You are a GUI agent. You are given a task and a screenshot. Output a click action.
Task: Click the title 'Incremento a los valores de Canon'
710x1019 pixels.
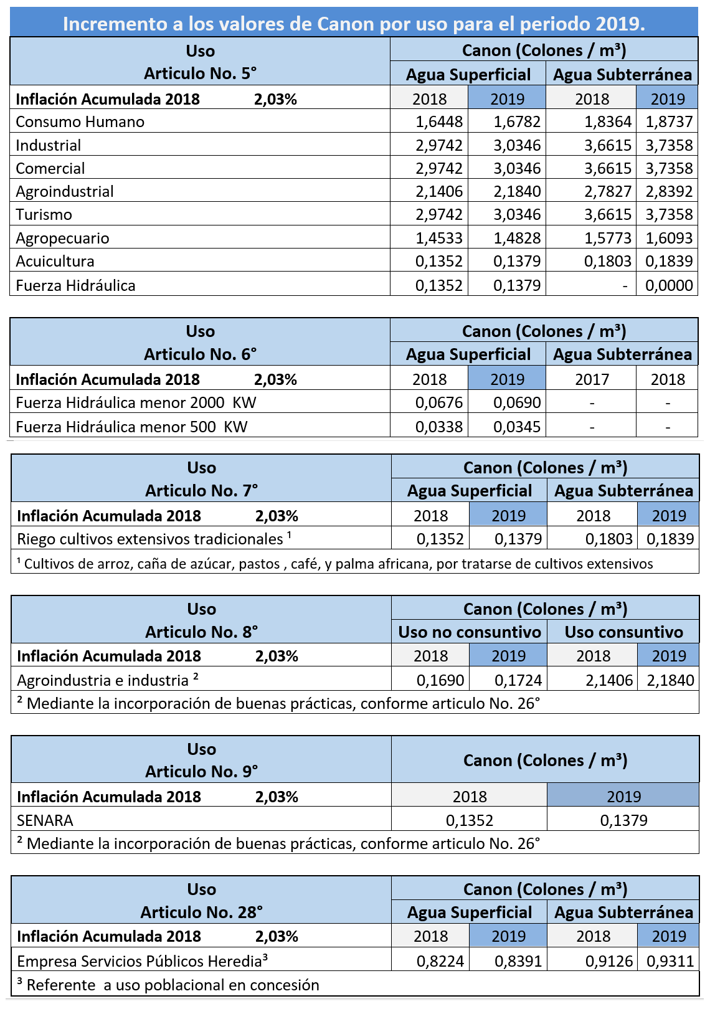click(x=354, y=24)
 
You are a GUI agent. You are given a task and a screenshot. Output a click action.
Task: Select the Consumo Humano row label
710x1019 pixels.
click(x=80, y=122)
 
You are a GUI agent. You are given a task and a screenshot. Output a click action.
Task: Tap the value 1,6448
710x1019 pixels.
click(x=439, y=122)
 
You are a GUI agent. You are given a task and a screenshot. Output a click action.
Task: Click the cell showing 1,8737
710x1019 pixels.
click(x=669, y=122)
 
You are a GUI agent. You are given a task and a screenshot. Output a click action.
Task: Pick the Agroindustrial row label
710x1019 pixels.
click(x=65, y=192)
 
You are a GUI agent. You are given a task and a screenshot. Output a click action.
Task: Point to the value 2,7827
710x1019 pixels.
click(x=607, y=192)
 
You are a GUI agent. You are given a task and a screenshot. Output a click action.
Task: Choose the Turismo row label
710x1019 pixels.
click(x=44, y=215)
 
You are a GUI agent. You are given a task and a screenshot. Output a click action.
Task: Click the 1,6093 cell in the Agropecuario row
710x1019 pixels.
click(x=669, y=239)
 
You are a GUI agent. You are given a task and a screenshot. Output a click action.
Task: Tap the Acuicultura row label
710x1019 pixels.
click(x=55, y=262)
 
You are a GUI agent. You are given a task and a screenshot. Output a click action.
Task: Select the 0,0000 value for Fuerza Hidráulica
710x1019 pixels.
click(x=669, y=286)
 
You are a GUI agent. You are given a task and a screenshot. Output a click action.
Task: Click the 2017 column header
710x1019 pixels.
click(x=592, y=379)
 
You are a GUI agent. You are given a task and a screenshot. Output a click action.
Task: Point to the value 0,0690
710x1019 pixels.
click(x=517, y=403)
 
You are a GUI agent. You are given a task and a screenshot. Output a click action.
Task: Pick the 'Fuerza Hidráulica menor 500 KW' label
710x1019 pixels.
click(x=132, y=427)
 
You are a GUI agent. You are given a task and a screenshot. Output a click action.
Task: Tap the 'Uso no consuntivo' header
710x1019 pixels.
click(x=470, y=632)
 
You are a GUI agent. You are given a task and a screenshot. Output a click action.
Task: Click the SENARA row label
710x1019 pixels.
click(x=45, y=820)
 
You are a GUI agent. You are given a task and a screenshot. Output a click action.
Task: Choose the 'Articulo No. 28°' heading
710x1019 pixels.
click(x=201, y=912)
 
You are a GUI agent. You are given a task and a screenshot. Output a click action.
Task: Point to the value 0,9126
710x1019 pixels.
click(x=608, y=962)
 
